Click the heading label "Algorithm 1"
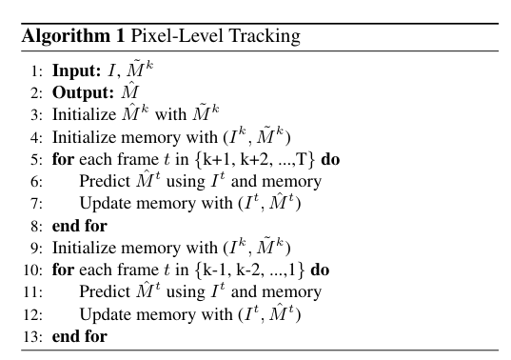tap(71, 37)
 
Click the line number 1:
tap(36, 70)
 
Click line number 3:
tap(36, 115)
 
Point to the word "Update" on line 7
tap(106, 204)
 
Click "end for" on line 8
tap(79, 226)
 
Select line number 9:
tap(36, 248)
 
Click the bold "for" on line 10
tap(63, 270)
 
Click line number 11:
tap(33, 291)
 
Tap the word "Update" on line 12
tap(106, 314)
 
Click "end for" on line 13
tap(79, 336)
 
